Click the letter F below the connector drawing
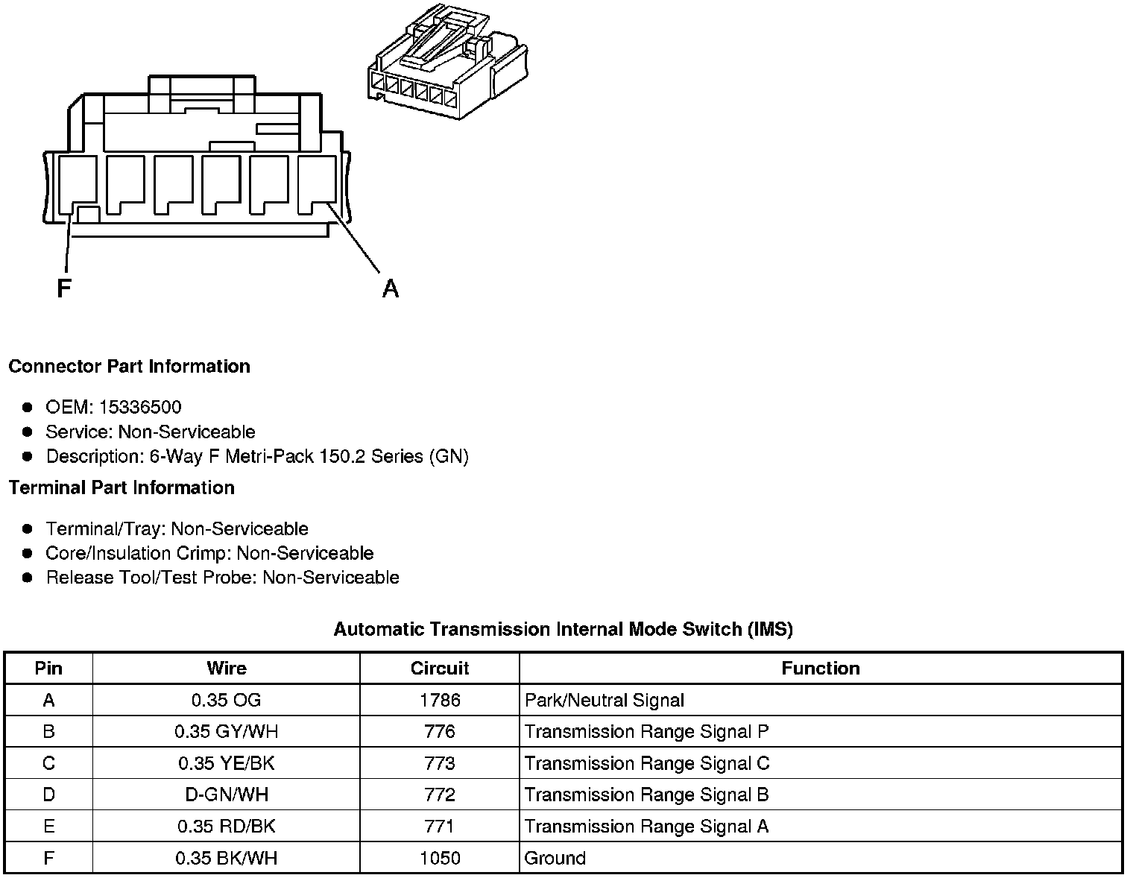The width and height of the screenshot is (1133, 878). [x=64, y=288]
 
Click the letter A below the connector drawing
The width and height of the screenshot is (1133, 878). [x=390, y=288]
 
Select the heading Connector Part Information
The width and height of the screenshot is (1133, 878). [x=129, y=367]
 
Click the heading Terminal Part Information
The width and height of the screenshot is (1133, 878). [x=121, y=488]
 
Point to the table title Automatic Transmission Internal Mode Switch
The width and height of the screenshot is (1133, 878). [x=563, y=629]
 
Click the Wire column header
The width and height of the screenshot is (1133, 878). [x=226, y=669]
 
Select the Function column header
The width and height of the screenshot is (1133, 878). [x=820, y=669]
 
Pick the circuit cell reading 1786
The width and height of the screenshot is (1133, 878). [x=440, y=701]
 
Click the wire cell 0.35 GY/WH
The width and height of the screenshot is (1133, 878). [x=226, y=732]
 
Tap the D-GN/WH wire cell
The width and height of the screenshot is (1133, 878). [x=226, y=795]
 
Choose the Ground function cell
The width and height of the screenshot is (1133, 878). [x=555, y=859]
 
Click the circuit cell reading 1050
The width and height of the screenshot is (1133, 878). [x=440, y=859]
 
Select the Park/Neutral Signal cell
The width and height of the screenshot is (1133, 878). [x=605, y=701]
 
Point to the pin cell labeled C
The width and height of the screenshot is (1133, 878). [x=48, y=764]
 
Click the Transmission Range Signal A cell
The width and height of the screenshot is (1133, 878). [x=646, y=827]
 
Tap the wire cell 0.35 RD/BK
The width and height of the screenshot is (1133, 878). [x=226, y=827]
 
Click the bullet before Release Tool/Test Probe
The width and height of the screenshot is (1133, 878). [x=28, y=578]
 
